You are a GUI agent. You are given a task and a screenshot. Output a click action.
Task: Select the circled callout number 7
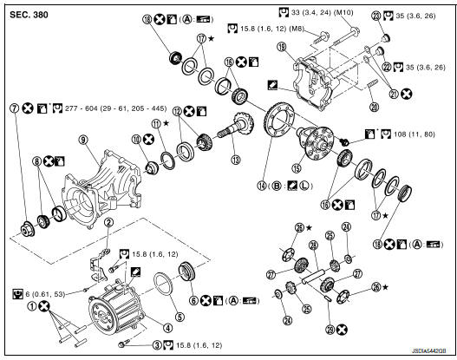14,108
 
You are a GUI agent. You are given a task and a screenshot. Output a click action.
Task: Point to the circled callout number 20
374,108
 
